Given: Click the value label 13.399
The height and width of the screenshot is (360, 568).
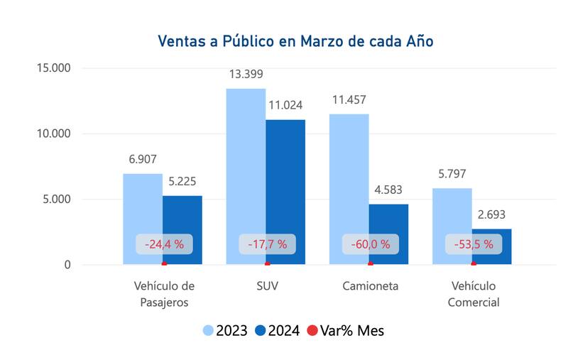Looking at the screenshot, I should (x=246, y=75).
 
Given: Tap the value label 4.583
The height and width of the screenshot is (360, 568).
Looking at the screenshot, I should (x=388, y=190).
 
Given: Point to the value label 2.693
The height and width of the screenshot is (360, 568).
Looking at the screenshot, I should (x=491, y=214).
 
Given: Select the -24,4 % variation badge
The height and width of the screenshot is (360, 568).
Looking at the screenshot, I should (x=164, y=244).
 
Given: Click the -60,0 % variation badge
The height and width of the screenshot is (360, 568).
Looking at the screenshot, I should (x=370, y=244).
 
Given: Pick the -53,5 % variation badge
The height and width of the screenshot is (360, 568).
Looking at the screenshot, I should (x=474, y=244).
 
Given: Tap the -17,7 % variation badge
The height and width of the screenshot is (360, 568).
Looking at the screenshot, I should (x=267, y=244).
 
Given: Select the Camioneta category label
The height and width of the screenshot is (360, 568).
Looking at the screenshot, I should (x=370, y=286).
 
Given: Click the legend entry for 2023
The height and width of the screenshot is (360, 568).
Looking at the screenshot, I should (x=225, y=330).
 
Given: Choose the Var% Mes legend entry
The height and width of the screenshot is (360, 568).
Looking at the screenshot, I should (x=344, y=330).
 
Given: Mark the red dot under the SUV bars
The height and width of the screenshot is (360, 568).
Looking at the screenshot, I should (x=268, y=264).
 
